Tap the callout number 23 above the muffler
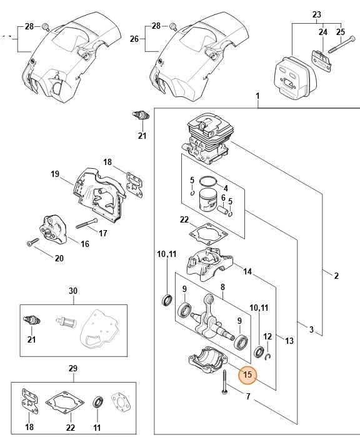coord(316,14)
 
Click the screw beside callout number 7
coord(223,383)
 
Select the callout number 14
coord(247,271)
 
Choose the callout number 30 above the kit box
coord(73,291)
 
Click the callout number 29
coord(73,368)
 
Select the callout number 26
coord(133,39)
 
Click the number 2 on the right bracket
coord(336,276)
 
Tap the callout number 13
coord(289,340)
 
